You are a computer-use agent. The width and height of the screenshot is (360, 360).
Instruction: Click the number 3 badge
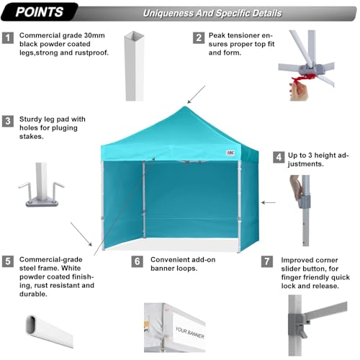click(8, 120)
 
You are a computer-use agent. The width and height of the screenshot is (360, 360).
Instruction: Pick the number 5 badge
click(8, 261)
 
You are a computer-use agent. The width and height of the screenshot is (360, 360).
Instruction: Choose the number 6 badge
click(137, 261)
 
